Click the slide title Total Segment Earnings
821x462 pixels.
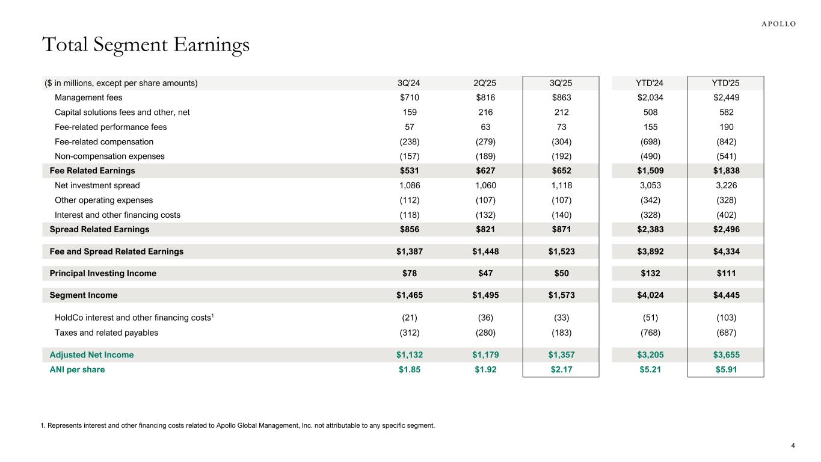click(145, 45)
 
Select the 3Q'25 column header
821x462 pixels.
click(561, 84)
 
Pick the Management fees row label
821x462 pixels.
click(88, 98)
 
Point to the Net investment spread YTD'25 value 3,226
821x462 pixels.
click(725, 185)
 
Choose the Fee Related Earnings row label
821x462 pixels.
click(92, 171)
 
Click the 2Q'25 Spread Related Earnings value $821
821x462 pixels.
click(485, 229)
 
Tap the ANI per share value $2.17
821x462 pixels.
click(561, 369)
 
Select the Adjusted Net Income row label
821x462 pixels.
click(91, 355)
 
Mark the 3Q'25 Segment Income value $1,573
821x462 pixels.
click(561, 295)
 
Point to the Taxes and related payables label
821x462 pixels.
click(106, 332)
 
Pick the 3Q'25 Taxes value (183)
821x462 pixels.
click(561, 332)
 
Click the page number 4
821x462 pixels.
click(793, 446)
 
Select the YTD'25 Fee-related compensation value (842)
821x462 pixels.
click(725, 142)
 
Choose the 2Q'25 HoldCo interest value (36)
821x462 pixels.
click(485, 318)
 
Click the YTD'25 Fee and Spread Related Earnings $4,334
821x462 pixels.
click(725, 251)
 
